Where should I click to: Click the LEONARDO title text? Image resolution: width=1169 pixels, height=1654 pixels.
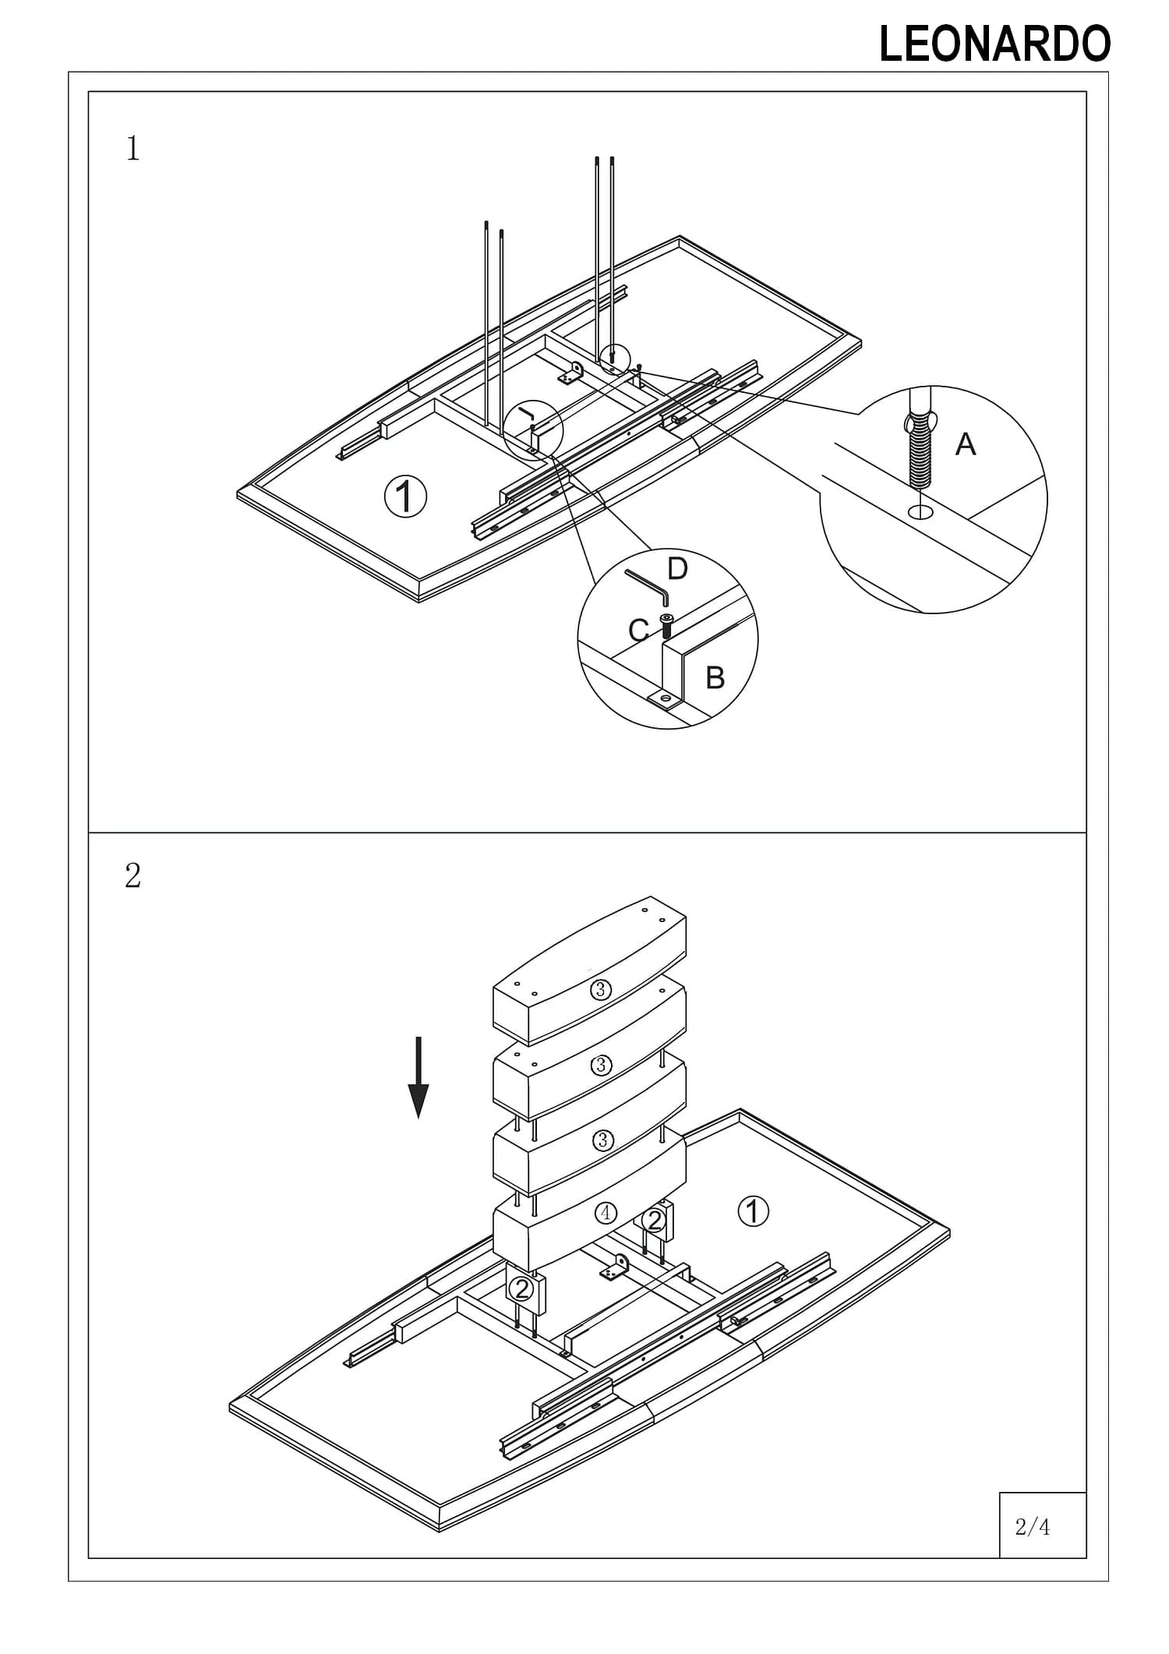994,44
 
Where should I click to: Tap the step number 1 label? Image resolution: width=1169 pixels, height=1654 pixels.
133,148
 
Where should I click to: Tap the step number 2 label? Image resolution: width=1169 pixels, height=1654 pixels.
133,876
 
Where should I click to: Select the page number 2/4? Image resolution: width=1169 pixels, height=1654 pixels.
1033,1527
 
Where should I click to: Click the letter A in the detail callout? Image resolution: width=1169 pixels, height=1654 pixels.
966,444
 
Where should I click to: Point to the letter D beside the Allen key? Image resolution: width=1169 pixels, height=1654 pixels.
677,569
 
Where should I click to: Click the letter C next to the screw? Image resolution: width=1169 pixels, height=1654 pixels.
638,630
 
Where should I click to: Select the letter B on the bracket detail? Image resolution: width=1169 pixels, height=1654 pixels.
715,678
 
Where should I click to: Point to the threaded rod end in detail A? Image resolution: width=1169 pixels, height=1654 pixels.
920,455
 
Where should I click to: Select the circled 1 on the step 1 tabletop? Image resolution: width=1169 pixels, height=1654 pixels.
406,496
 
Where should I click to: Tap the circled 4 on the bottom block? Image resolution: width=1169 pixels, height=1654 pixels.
605,1213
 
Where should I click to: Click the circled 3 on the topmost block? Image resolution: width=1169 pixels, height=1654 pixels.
600,990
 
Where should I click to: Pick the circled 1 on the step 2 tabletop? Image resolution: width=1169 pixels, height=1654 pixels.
753,1211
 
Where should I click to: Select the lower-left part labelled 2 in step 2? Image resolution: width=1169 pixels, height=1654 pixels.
522,1288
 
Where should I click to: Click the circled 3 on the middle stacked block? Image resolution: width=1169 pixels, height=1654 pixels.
601,1066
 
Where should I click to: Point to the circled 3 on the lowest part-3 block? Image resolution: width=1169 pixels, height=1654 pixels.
602,1140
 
